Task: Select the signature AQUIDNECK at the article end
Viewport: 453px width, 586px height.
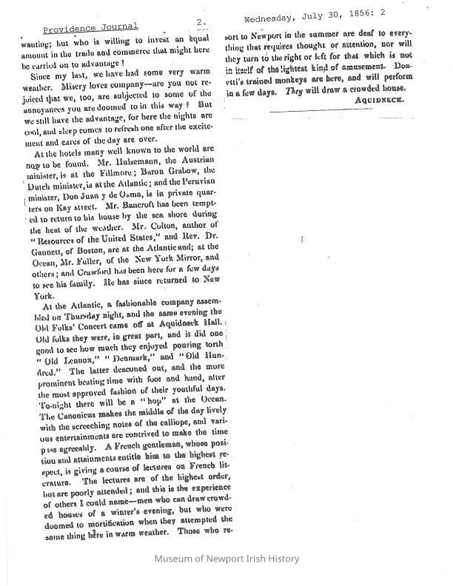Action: coord(380,98)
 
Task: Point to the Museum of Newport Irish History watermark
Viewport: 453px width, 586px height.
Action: coord(226,559)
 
